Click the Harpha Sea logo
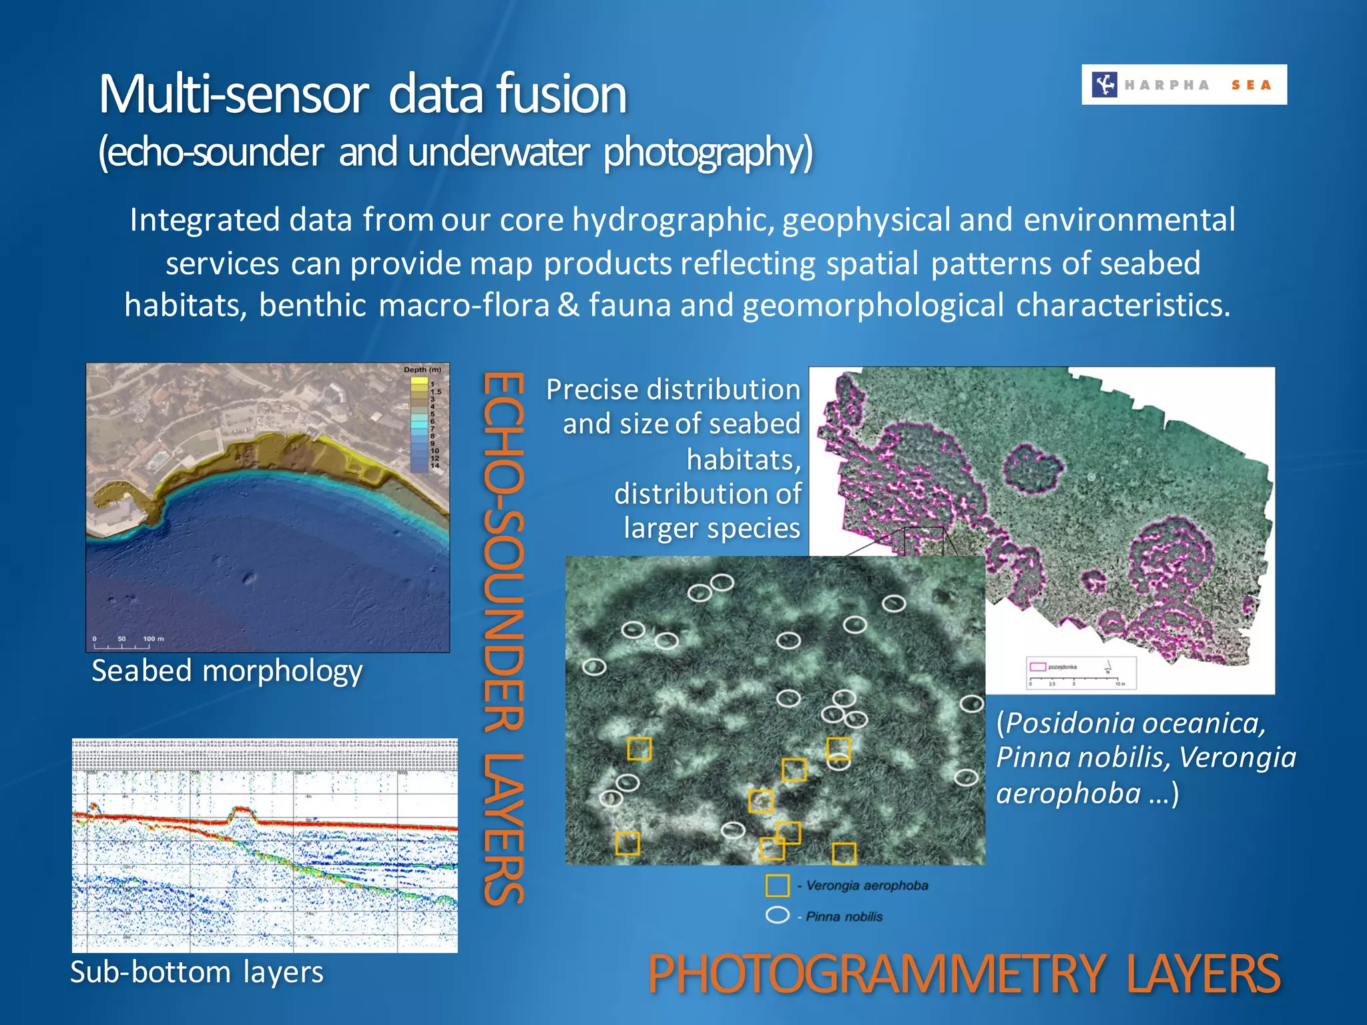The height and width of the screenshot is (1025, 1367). [x=1183, y=85]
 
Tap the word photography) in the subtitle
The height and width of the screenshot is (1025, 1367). [x=708, y=152]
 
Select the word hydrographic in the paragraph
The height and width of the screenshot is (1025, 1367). [x=673, y=220]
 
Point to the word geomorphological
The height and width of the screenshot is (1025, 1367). [x=872, y=306]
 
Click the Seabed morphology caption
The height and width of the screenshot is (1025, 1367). [x=227, y=671]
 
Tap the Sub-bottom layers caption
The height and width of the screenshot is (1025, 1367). [x=197, y=972]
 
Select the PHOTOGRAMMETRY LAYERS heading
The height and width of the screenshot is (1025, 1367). [x=963, y=974]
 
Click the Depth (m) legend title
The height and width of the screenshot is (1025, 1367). [x=422, y=370]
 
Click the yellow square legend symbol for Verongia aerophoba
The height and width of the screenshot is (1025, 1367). [x=777, y=886]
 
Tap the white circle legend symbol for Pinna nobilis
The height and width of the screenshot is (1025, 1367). [x=777, y=915]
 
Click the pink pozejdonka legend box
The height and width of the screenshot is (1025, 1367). [x=1038, y=667]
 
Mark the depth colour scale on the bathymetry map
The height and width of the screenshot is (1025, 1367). [x=419, y=424]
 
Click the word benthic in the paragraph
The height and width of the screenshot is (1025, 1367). [x=312, y=306]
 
